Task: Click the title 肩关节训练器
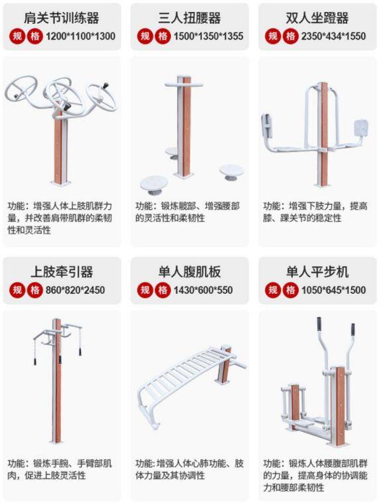[x=62, y=18]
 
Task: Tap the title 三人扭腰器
[x=190, y=18]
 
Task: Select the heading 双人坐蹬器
[x=317, y=18]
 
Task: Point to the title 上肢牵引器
[x=62, y=272]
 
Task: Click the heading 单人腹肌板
[x=190, y=272]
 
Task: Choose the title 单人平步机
[x=317, y=272]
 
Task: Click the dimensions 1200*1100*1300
[x=80, y=36]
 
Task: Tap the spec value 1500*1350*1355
[x=208, y=36]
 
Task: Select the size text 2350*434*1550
[x=333, y=36]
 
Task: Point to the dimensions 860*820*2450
[x=75, y=291]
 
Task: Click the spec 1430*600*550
[x=203, y=291]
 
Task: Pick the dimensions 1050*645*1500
[x=333, y=291]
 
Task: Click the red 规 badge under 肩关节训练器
[x=17, y=36]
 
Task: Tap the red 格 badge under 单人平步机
[x=290, y=291]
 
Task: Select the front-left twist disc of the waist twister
[x=154, y=185]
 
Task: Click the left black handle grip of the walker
[x=319, y=324]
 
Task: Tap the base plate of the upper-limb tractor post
[x=56, y=441]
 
